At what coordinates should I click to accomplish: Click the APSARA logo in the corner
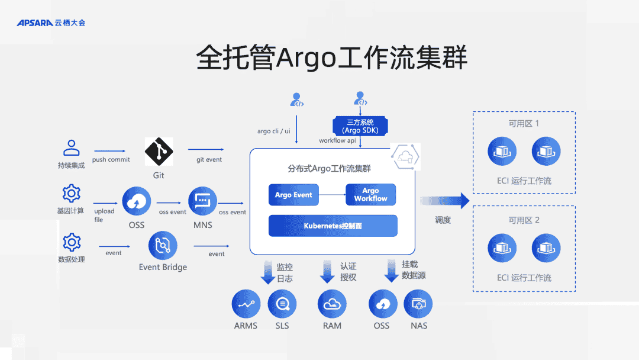pos(51,22)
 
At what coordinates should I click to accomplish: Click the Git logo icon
pos(159,152)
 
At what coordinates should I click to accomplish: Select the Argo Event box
pos(293,195)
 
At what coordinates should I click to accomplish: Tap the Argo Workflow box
pos(370,195)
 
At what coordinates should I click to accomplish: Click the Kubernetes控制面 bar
pos(333,226)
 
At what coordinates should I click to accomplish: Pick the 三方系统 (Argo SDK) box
pos(360,126)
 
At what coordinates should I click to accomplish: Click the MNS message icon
pos(202,201)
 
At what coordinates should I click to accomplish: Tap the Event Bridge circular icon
pos(163,246)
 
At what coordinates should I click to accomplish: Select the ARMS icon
pos(246,304)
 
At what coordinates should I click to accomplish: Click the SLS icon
pos(282,304)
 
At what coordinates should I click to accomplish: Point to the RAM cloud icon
pos(332,304)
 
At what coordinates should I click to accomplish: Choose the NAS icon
pos(418,304)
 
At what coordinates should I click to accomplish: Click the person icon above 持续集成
pos(72,147)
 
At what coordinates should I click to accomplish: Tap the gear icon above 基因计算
pos(72,193)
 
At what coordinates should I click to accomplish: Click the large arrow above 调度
pos(445,201)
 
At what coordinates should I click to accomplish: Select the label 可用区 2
pos(524,220)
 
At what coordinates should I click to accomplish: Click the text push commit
pos(111,160)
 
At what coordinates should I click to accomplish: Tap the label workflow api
pos(337,141)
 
